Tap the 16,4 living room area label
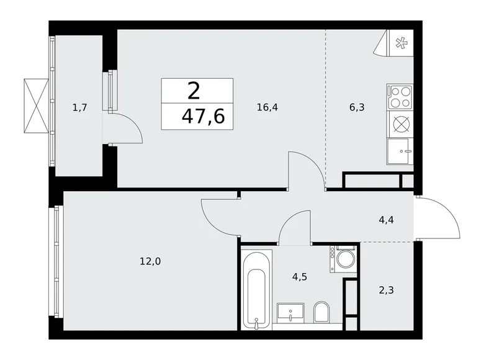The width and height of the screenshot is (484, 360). tap(267, 107)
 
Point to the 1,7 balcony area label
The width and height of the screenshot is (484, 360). tap(79, 107)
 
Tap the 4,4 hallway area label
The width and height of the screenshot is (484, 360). tap(385, 218)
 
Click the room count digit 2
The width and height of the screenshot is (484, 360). tap(194, 91)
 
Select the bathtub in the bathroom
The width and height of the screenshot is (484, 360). tap(256, 289)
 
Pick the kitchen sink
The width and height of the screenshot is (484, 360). tap(400, 151)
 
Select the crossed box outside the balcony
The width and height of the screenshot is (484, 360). tap(35, 106)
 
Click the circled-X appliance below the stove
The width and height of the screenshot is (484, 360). tap(401, 124)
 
